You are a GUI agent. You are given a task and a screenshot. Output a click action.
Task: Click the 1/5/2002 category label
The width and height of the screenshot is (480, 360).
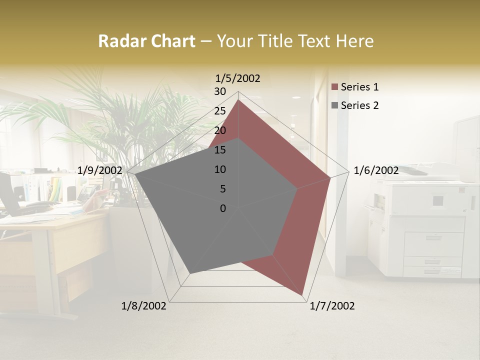click(238, 78)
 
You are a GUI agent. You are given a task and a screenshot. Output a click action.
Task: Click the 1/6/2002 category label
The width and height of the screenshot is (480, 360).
click(376, 170)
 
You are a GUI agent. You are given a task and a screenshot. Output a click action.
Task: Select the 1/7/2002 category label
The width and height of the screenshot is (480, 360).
click(332, 306)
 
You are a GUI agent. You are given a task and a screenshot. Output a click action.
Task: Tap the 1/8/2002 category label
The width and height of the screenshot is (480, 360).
click(144, 306)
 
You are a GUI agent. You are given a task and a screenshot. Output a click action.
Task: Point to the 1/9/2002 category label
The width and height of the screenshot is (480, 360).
click(100, 170)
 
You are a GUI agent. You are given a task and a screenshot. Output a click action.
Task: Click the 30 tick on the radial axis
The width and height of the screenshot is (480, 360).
click(220, 91)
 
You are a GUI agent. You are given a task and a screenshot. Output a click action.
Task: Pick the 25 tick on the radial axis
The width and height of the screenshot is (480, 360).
click(220, 111)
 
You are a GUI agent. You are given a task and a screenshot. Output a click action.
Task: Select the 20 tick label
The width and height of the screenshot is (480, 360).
click(220, 130)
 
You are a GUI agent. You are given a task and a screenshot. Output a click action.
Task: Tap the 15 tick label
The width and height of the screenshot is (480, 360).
click(220, 150)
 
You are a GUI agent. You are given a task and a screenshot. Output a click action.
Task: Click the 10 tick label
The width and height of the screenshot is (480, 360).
click(220, 169)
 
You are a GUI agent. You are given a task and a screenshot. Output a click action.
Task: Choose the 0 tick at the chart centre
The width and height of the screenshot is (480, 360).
click(223, 208)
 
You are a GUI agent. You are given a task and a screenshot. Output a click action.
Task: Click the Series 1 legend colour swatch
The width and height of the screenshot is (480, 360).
click(335, 87)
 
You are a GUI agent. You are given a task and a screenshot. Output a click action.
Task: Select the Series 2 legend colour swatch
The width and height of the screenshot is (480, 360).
click(335, 105)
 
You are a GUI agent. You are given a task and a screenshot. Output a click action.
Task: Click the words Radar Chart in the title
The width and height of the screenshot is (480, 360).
click(146, 41)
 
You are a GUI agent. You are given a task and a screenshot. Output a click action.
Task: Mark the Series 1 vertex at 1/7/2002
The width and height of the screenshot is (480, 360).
click(303, 295)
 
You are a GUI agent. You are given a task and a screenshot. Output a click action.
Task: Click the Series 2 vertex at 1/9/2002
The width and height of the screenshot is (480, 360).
click(135, 174)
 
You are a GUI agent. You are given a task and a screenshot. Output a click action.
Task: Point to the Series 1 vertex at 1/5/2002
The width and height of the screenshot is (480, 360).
click(238, 99)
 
